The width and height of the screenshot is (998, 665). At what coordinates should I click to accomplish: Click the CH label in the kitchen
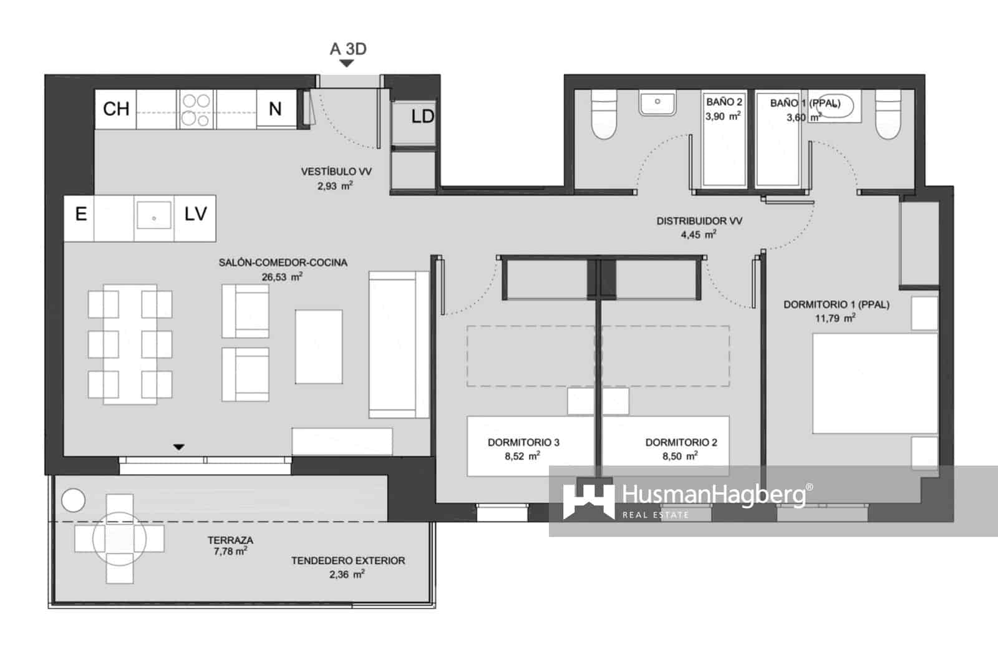[116, 109]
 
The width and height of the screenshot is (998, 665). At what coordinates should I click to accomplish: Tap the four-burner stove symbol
[196, 110]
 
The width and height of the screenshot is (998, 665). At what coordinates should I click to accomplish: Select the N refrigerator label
[275, 109]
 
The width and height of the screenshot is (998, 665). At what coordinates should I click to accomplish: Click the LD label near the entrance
[422, 117]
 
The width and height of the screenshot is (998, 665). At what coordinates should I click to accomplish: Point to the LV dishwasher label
[195, 215]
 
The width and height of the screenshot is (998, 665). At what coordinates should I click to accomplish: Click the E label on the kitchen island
[80, 215]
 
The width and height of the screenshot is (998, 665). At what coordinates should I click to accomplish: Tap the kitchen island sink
[153, 215]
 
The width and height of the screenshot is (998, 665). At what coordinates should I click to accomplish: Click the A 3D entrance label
[348, 49]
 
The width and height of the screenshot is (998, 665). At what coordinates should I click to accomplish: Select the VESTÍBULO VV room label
[336, 172]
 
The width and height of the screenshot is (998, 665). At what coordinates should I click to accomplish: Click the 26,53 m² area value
[282, 277]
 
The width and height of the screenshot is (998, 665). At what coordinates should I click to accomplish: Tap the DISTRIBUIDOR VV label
[699, 221]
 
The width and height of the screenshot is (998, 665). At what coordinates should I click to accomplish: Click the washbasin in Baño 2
[657, 104]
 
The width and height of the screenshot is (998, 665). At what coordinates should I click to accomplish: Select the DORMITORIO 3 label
[523, 442]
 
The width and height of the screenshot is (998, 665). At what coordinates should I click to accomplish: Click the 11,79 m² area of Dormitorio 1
[835, 318]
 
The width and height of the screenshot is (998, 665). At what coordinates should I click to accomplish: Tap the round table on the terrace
[119, 538]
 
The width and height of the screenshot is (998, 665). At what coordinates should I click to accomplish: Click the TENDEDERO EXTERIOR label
[348, 561]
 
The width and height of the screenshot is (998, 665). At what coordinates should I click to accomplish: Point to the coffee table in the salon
[319, 346]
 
